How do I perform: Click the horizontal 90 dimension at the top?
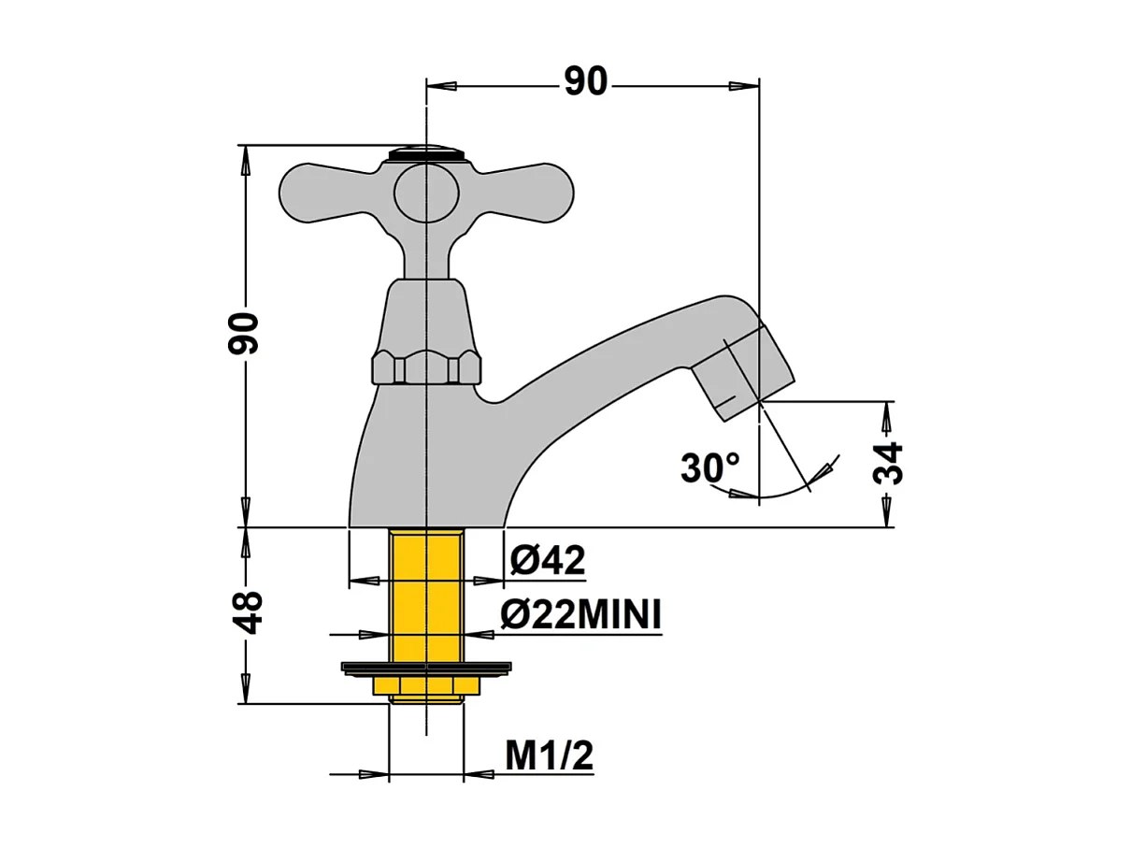tap(586, 83)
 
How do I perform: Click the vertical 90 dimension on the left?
tap(244, 333)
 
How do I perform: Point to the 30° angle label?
tap(709, 467)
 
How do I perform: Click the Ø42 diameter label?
tap(548, 560)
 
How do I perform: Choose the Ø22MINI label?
tap(580, 615)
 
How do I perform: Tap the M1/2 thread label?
tap(549, 755)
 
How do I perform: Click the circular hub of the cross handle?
tap(426, 194)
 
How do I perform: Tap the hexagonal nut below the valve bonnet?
tap(426, 367)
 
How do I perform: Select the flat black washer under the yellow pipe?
tap(426, 668)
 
